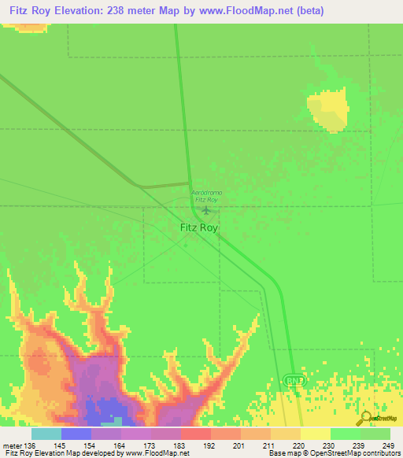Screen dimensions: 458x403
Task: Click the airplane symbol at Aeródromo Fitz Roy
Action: [206, 210]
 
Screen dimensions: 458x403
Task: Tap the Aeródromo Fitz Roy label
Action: [206, 196]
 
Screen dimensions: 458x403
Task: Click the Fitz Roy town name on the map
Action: [198, 227]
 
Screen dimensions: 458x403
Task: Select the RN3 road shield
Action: [293, 381]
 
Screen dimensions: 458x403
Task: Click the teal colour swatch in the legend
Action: [46, 434]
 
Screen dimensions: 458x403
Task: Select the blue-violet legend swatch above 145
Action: [76, 434]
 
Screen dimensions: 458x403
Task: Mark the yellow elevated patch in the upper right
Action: [329, 109]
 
